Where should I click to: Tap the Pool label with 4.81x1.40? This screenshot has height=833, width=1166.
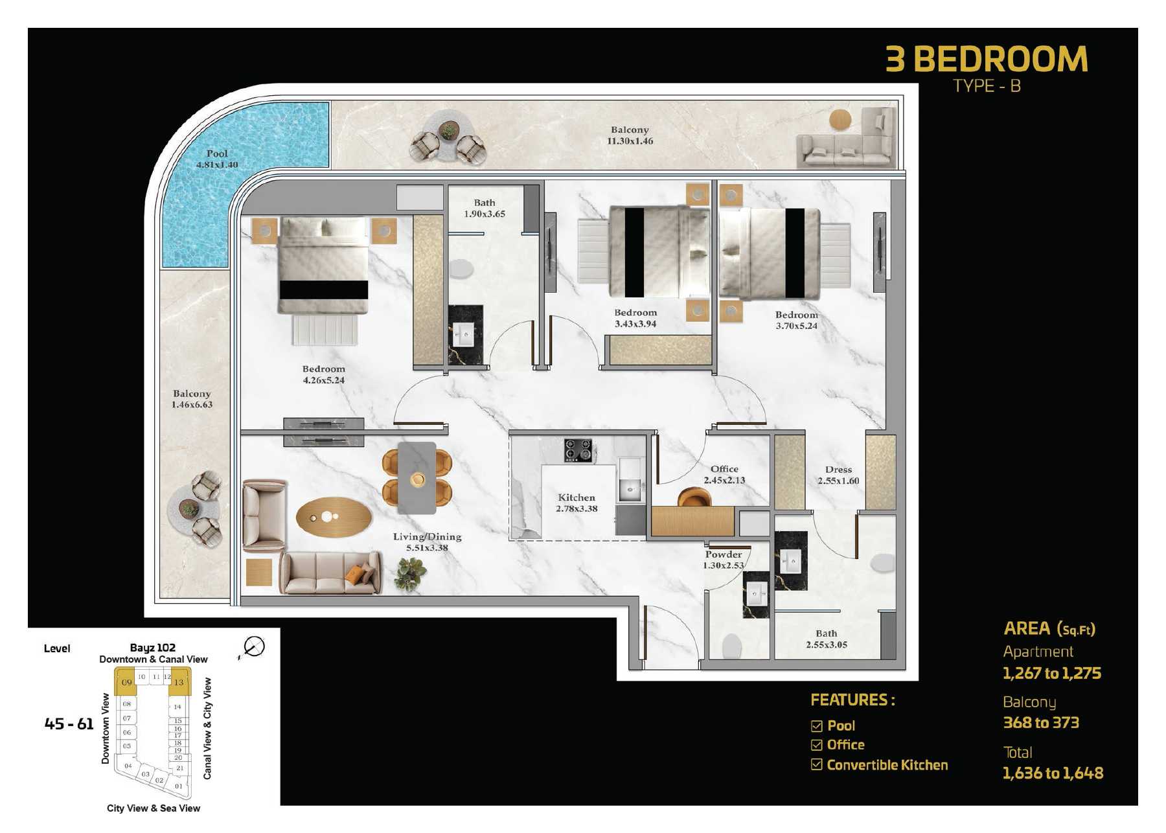coord(217,159)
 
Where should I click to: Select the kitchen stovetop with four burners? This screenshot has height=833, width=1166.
coord(578,450)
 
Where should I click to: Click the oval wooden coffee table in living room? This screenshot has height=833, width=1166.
coord(334,518)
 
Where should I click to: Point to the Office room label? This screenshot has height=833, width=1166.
coord(724,474)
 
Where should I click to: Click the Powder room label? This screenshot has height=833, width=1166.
coord(724,560)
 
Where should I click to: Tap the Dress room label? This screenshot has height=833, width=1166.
coord(838,475)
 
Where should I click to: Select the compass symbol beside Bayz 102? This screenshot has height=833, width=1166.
coord(253,646)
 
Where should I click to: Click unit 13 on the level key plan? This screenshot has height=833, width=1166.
coord(179,682)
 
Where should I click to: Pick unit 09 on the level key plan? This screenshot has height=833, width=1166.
coord(126,682)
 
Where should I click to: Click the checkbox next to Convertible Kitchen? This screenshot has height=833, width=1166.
coord(816,765)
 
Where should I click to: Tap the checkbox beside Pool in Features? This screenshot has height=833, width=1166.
coord(816,726)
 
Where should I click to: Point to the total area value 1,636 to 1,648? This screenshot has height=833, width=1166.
coord(1053,773)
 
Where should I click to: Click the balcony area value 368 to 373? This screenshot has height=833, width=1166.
coord(1041,723)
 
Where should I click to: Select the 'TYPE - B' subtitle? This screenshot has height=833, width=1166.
coord(987,86)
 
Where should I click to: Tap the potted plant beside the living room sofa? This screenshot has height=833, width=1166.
coord(411,573)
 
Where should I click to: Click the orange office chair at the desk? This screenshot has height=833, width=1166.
coord(694,497)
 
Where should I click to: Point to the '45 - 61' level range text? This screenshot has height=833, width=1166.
coord(69,724)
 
